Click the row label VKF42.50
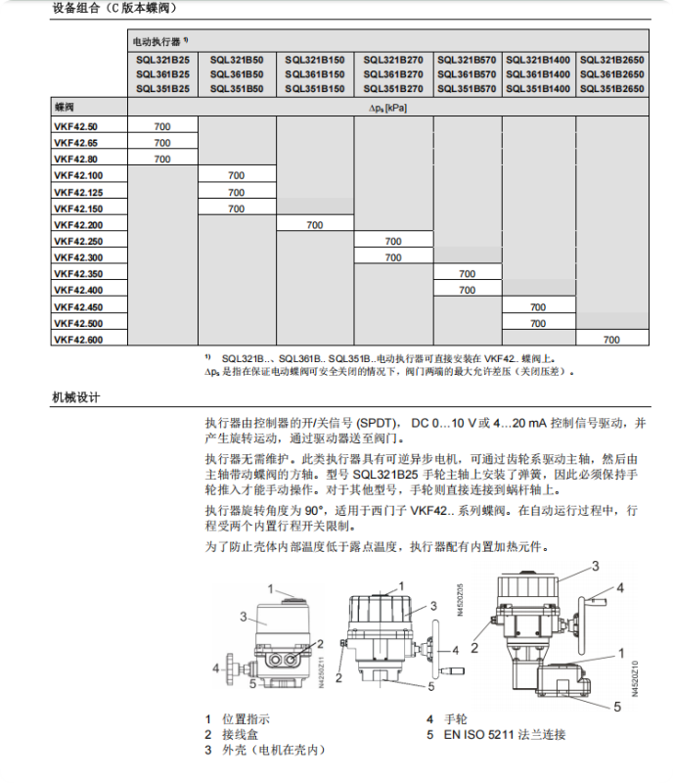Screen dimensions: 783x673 click(75, 126)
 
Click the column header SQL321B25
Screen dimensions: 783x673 click(162, 59)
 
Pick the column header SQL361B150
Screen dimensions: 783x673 click(314, 73)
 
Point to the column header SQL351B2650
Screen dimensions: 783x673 click(611, 89)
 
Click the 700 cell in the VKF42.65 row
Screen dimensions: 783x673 click(162, 143)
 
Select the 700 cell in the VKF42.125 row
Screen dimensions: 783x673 click(236, 192)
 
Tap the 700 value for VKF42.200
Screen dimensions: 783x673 click(314, 225)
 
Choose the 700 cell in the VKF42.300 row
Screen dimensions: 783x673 click(392, 257)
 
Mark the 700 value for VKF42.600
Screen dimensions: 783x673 click(611, 340)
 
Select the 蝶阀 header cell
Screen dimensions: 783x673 click(64, 107)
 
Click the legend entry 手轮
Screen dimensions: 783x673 click(457, 719)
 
